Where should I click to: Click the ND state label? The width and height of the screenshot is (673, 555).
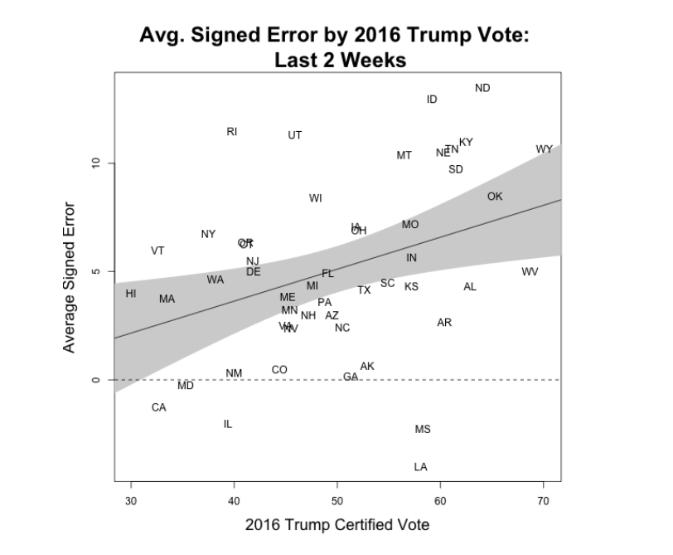coord(482,88)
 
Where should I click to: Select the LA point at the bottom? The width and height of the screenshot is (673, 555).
coord(420,467)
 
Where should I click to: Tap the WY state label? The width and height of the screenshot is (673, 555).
coord(544,149)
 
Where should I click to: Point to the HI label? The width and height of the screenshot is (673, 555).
coord(131,294)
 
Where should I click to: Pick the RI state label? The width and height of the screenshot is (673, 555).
coord(232,132)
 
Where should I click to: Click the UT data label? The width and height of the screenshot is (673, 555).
coord(295,135)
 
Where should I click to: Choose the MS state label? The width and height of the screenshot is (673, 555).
coord(423,430)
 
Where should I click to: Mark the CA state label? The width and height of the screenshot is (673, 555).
coord(158,407)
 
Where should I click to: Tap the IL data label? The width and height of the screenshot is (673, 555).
coord(228,424)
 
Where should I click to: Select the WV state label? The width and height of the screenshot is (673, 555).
coord(530,271)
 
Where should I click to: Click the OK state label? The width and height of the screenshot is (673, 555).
coord(495,197)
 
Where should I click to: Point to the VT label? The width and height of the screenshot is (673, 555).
coord(157,251)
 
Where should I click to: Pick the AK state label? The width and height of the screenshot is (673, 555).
coord(367,366)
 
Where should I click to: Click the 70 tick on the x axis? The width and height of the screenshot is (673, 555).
coord(544,500)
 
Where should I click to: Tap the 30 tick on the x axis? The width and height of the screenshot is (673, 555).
coord(131,500)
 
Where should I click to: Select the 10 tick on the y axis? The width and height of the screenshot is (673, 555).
coord(96,163)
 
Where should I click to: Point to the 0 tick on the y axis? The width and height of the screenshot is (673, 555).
coord(96,380)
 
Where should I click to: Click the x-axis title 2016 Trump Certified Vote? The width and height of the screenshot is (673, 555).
coord(336,525)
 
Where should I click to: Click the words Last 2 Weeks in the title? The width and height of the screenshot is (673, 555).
coord(336,61)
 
